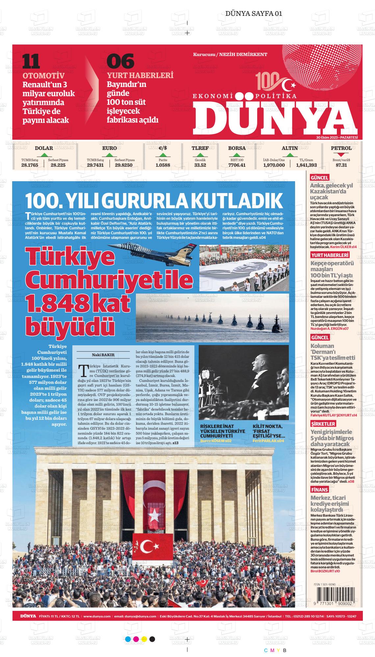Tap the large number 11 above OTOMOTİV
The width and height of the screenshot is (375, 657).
tap(31, 61)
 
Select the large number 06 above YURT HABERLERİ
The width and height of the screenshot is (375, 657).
tap(120, 61)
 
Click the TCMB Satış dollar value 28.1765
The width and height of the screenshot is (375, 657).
tap(30, 165)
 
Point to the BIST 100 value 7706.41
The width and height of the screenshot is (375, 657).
tap(237, 165)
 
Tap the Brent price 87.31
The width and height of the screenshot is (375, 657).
tap(341, 165)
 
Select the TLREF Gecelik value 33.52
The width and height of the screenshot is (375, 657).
tap(200, 165)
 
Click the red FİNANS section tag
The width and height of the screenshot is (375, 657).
tap(320, 490)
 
